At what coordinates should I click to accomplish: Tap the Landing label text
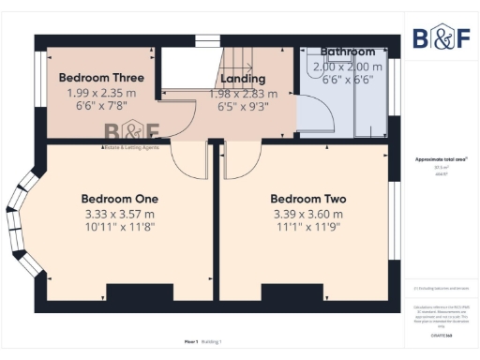pyautogui.click(x=243, y=79)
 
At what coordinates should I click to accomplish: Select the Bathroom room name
pyautogui.click(x=348, y=52)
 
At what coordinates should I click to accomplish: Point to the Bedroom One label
pyautogui.click(x=119, y=199)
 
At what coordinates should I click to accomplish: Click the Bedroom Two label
pyautogui.click(x=308, y=199)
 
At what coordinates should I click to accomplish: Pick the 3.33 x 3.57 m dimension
pyautogui.click(x=119, y=214)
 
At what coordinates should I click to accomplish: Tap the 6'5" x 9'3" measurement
pyautogui.click(x=243, y=108)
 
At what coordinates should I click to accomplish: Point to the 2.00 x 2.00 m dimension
pyautogui.click(x=348, y=67)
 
